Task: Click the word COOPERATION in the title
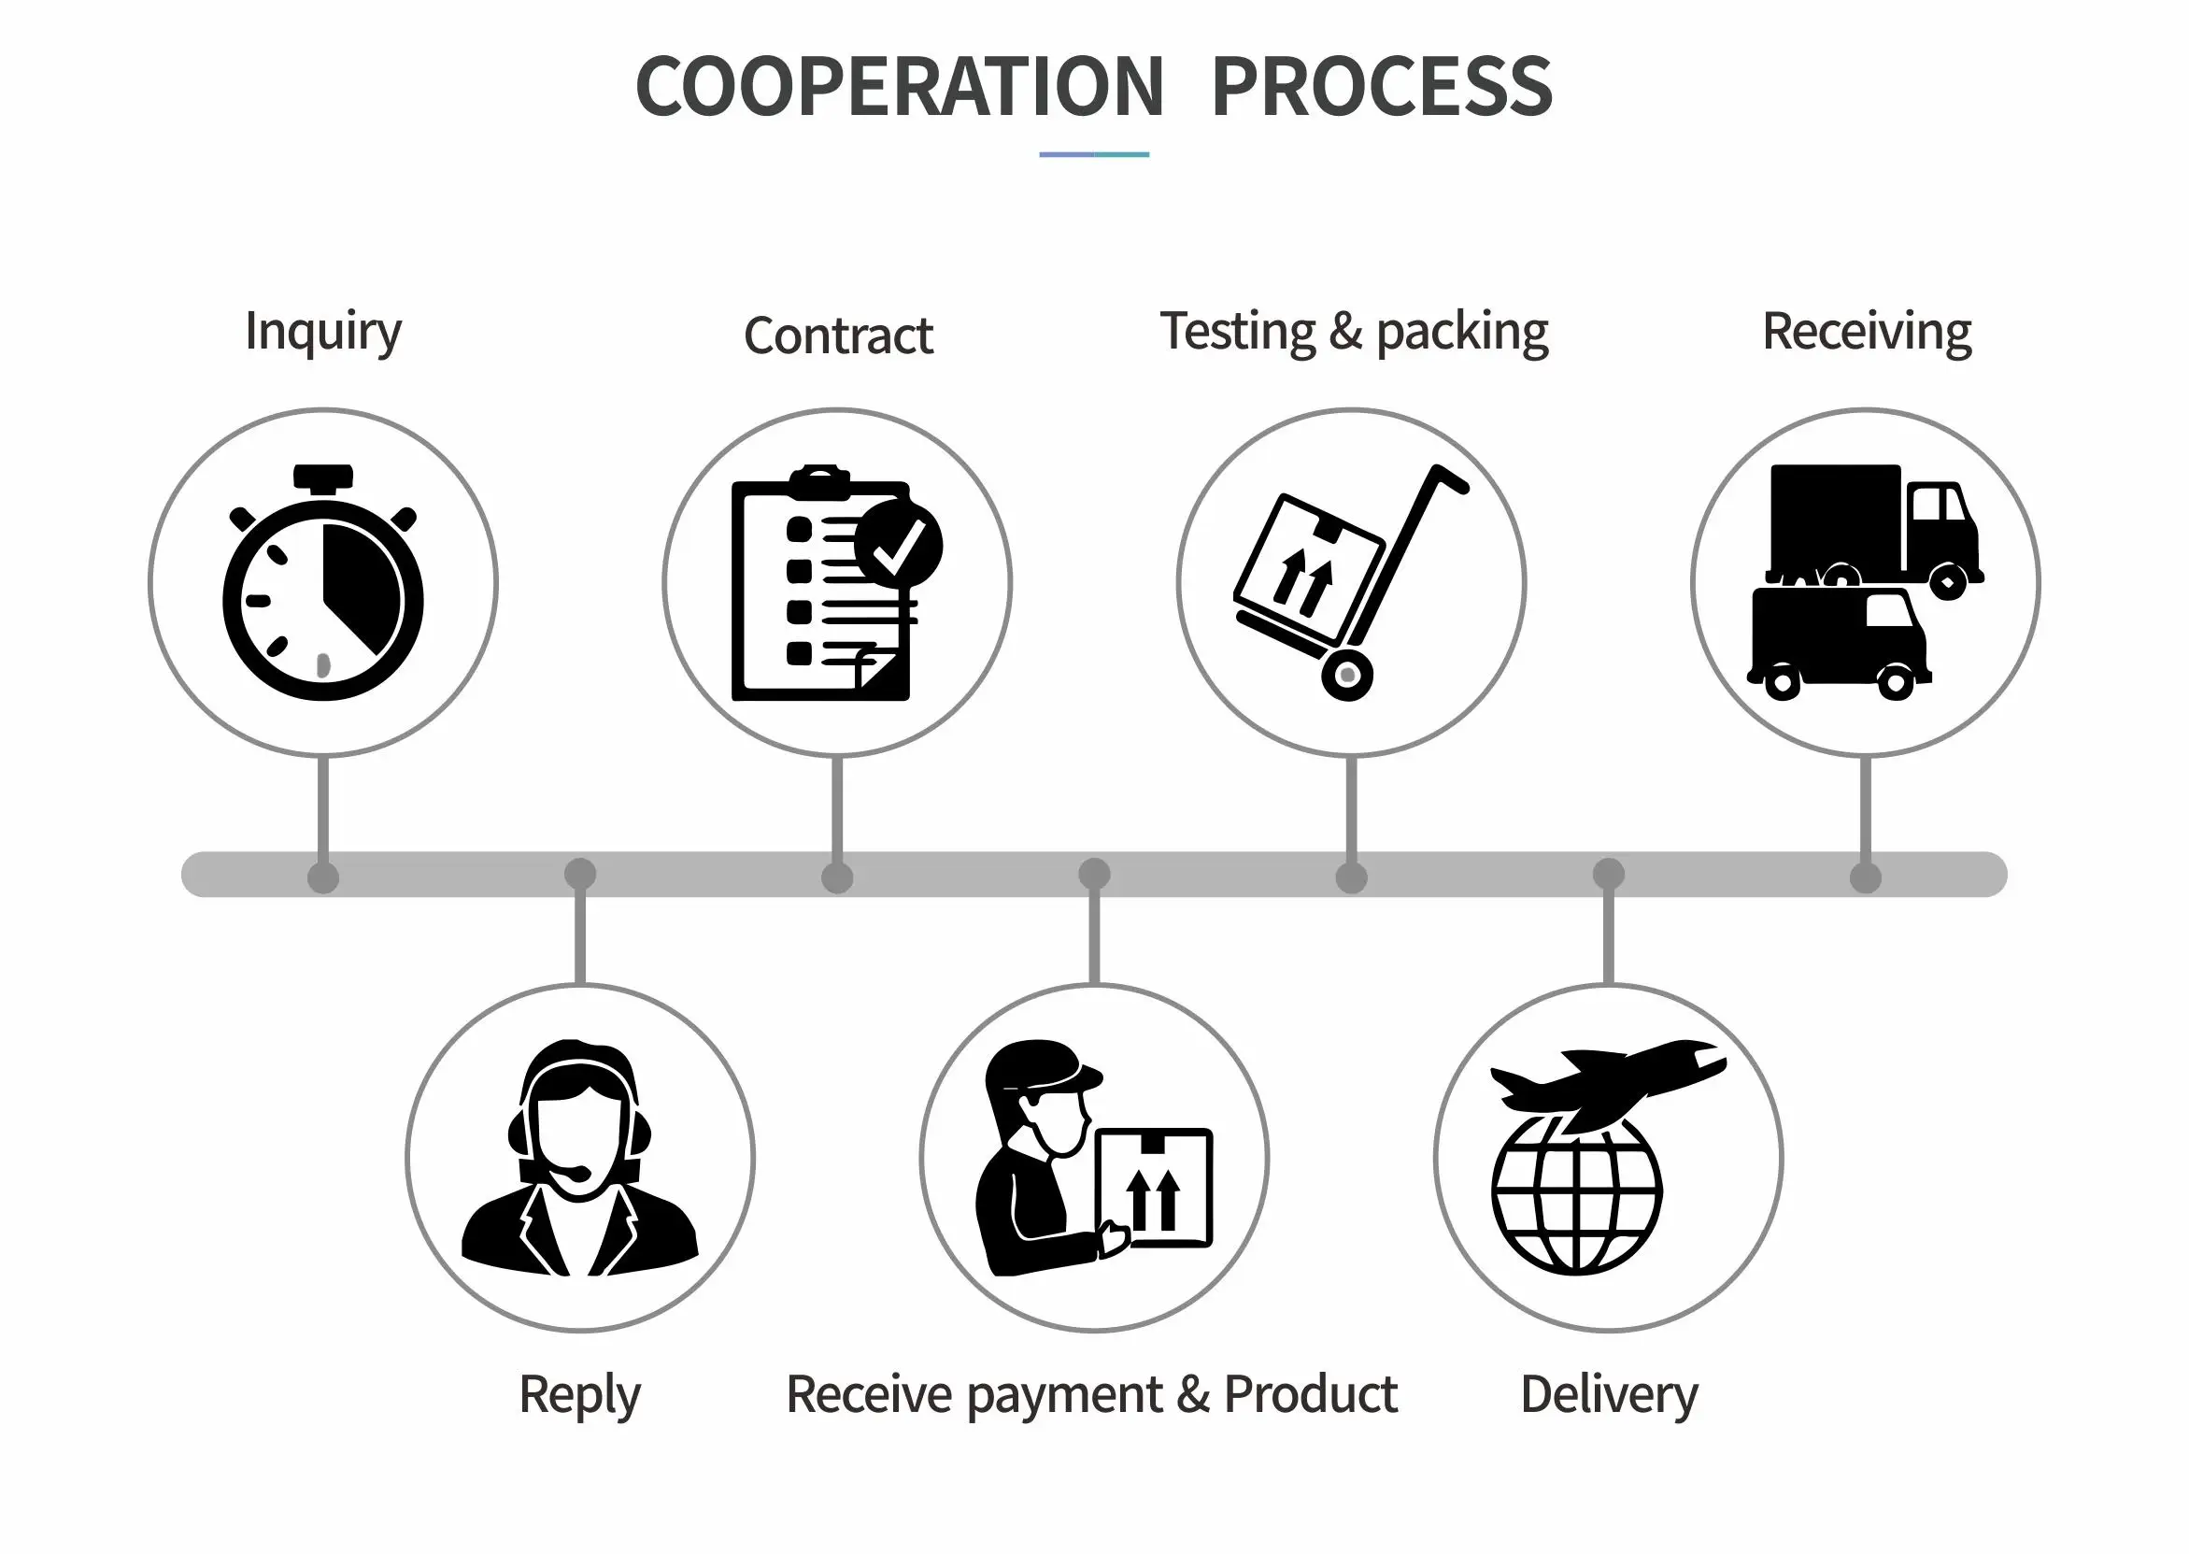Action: pyautogui.click(x=900, y=87)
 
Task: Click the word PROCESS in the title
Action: pyautogui.click(x=1382, y=87)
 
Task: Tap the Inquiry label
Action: pyautogui.click(x=323, y=332)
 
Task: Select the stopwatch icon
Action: pyautogui.click(x=323, y=585)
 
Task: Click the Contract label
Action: pyautogui.click(x=837, y=335)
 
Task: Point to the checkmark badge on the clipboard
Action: pyautogui.click(x=899, y=545)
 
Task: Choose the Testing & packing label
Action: pyautogui.click(x=1354, y=332)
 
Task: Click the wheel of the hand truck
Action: pyautogui.click(x=1347, y=676)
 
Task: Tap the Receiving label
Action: pyautogui.click(x=1866, y=332)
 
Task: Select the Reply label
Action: pyautogui.click(x=580, y=1394)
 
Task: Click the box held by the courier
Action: pyautogui.click(x=1154, y=1189)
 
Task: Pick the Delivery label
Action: pyautogui.click(x=1608, y=1394)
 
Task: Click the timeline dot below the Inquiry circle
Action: pyautogui.click(x=323, y=877)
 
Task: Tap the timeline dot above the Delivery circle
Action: pyautogui.click(x=1608, y=874)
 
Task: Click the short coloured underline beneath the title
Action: pyautogui.click(x=1093, y=154)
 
